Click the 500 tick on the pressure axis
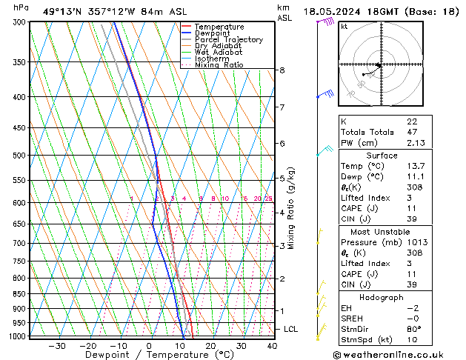(19, 156)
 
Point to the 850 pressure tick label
(19, 294)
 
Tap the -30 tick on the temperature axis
(57, 346)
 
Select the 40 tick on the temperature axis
(272, 346)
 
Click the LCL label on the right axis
(290, 329)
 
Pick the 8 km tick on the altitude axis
(282, 70)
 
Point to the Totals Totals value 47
(412, 133)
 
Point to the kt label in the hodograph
(344, 27)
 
